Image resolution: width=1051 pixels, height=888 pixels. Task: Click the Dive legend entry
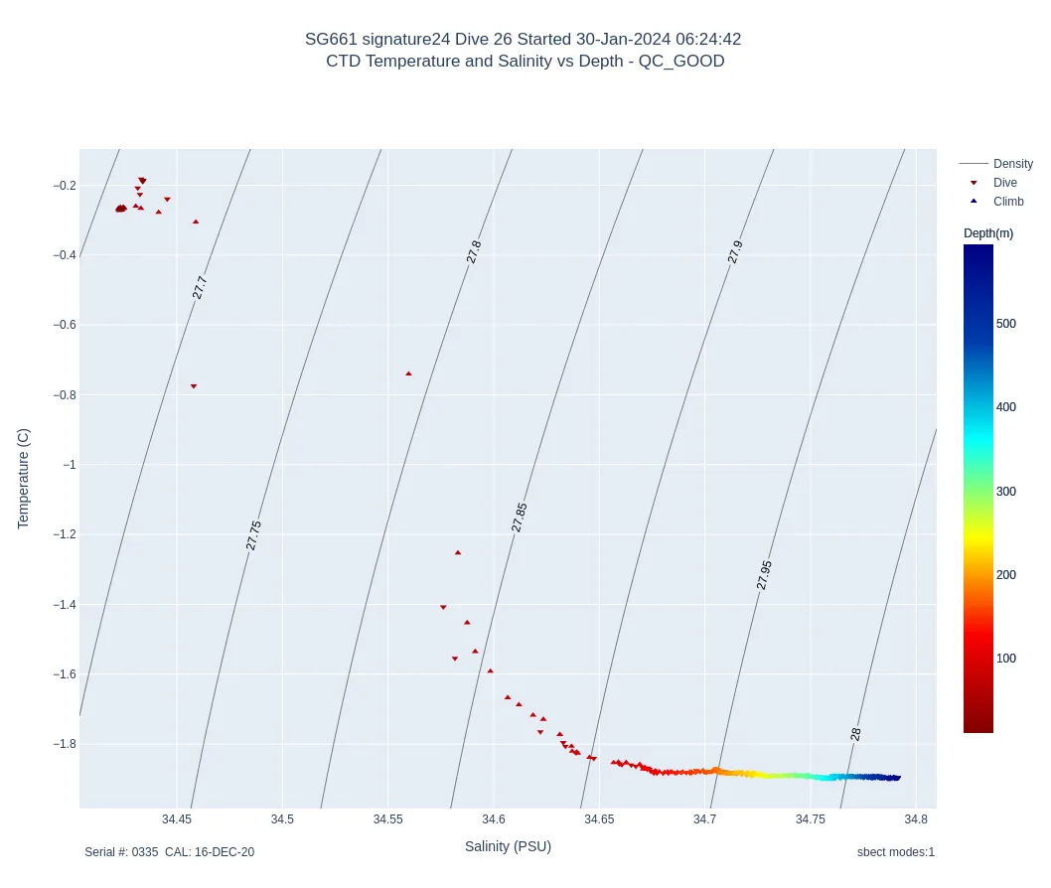(x=1004, y=183)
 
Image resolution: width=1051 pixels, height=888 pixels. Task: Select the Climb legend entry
(x=1007, y=202)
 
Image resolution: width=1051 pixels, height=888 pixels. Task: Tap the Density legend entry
(x=1012, y=164)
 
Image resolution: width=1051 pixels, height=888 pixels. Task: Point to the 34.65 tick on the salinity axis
(x=599, y=819)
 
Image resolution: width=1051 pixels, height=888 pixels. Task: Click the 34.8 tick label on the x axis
(x=917, y=819)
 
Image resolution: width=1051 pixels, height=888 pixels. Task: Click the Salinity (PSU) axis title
(x=508, y=846)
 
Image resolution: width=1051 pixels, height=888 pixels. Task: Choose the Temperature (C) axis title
(x=24, y=479)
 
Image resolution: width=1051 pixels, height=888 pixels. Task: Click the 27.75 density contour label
(x=253, y=535)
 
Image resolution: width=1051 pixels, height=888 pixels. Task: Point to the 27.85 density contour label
(x=520, y=518)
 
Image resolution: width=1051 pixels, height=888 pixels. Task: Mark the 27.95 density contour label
(x=764, y=575)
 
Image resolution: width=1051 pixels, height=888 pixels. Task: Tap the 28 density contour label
(x=855, y=734)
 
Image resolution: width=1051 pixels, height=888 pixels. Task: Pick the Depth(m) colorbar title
(x=988, y=233)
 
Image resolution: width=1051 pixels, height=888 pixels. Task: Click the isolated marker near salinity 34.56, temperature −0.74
(x=408, y=373)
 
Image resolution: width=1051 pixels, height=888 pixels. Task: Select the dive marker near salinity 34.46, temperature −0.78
(x=194, y=386)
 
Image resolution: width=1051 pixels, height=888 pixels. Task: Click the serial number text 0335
(x=145, y=852)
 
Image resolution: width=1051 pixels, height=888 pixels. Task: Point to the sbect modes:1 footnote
(x=895, y=852)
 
